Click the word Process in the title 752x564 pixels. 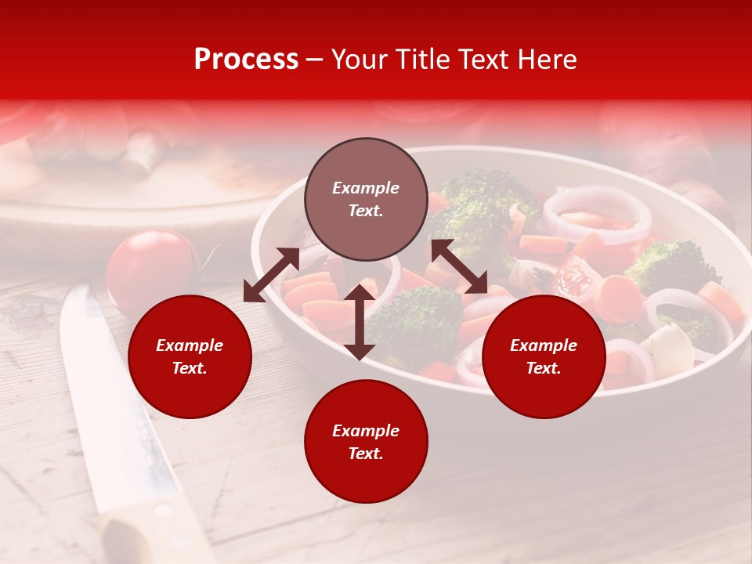coord(246,60)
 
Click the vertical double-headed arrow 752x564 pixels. coord(360,322)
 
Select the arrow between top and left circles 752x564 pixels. coord(271,275)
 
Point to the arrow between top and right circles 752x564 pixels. coord(459,266)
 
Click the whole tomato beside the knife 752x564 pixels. coord(150,270)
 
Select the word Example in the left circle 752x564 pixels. coord(190,345)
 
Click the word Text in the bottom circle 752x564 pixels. coord(365,454)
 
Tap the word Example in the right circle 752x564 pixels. coord(544,345)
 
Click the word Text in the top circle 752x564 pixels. coord(365,211)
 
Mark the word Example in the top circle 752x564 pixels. coord(366,188)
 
